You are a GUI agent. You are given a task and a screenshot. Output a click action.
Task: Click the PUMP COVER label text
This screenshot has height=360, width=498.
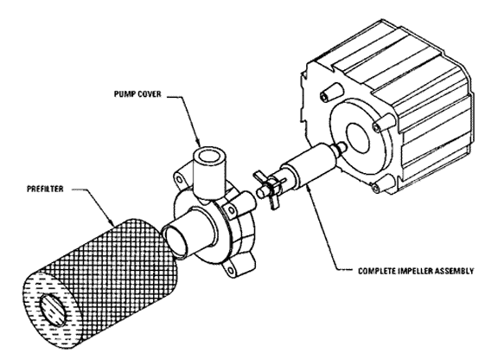pos(137,94)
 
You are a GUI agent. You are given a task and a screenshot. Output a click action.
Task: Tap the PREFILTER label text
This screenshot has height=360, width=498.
pos(45,189)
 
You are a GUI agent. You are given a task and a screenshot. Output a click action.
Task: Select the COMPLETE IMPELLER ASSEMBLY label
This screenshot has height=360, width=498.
pos(416,271)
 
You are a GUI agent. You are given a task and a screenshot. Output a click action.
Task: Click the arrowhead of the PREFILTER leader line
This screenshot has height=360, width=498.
pos(111,222)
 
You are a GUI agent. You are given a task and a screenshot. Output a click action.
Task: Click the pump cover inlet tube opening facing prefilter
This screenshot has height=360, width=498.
pos(175,239)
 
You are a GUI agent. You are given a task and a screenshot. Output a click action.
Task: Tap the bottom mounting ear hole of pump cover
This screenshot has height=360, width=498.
pos(230,271)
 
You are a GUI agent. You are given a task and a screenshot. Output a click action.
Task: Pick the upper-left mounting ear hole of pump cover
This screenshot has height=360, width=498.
pos(180,180)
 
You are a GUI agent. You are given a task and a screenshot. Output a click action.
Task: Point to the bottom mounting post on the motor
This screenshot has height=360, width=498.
pos(383,183)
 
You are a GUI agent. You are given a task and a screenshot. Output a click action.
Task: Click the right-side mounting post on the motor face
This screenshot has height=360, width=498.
pos(384,124)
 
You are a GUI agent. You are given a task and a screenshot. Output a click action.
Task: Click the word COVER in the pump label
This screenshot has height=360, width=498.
pos(150,94)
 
